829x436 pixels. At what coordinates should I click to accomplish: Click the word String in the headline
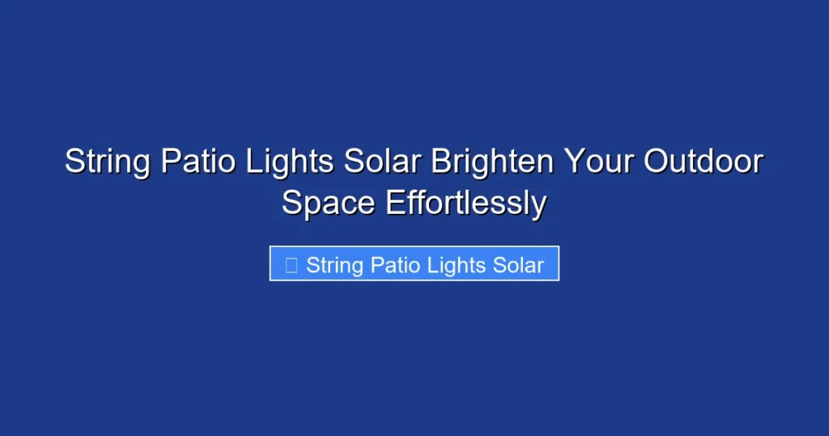107,162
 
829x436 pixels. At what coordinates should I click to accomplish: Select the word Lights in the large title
291,162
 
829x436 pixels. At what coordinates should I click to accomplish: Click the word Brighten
492,162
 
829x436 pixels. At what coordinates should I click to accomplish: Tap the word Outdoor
703,162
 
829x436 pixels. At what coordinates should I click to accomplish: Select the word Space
329,203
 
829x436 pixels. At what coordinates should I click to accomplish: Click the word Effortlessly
466,203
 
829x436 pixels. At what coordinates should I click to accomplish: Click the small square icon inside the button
291,264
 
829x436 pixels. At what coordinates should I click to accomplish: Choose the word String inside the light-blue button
334,265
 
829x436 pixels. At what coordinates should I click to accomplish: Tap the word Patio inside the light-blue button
396,265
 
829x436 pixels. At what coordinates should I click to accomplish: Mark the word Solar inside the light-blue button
518,265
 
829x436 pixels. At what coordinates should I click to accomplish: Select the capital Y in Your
572,162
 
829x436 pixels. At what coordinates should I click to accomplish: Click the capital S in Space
291,203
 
